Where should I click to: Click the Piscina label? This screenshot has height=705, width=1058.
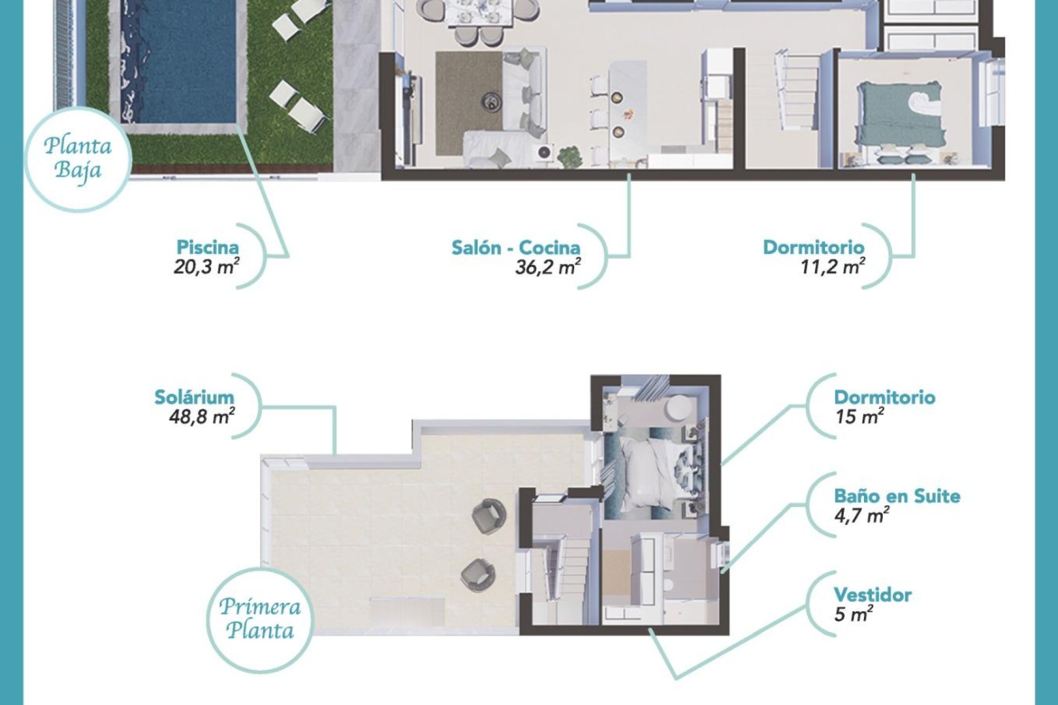(x=208, y=247)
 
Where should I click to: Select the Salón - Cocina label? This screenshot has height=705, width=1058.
(x=516, y=248)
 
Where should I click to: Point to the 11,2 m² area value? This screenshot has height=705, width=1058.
(x=832, y=268)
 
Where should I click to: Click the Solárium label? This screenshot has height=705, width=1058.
(x=194, y=397)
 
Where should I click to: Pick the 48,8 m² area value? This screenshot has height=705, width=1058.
(x=202, y=417)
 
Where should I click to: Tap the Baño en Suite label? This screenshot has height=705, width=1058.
(x=897, y=496)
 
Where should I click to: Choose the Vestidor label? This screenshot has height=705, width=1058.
(x=872, y=595)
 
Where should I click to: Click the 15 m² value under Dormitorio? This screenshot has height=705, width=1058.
(x=859, y=417)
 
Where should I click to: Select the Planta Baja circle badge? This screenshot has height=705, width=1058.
(x=78, y=158)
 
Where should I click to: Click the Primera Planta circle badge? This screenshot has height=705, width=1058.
(x=260, y=619)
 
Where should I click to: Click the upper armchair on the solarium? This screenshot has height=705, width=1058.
(x=488, y=516)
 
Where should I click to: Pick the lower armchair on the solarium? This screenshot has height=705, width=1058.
(x=477, y=574)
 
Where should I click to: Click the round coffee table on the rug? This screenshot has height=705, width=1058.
(x=490, y=102)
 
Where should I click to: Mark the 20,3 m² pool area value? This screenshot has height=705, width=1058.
(x=206, y=268)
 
